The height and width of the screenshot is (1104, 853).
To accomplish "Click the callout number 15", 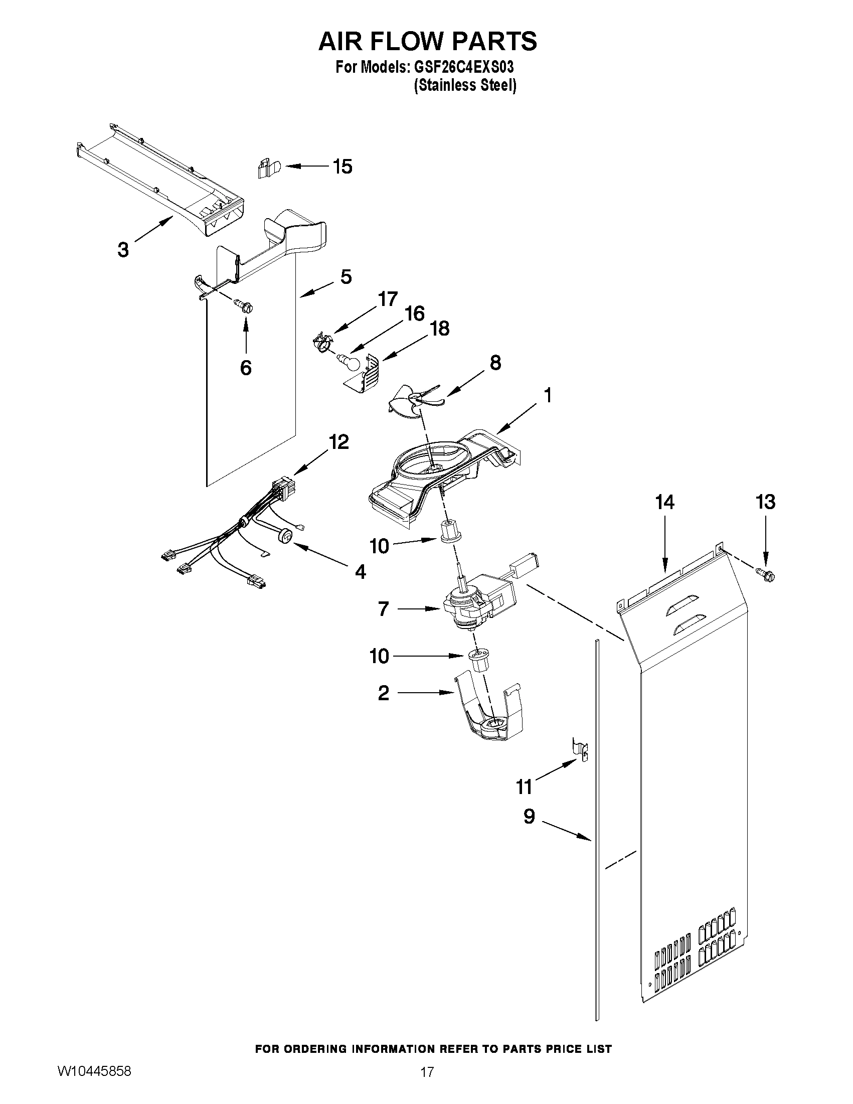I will (343, 167).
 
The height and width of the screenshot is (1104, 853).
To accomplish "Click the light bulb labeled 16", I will (349, 361).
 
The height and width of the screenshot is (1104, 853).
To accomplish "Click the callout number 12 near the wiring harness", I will (338, 442).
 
